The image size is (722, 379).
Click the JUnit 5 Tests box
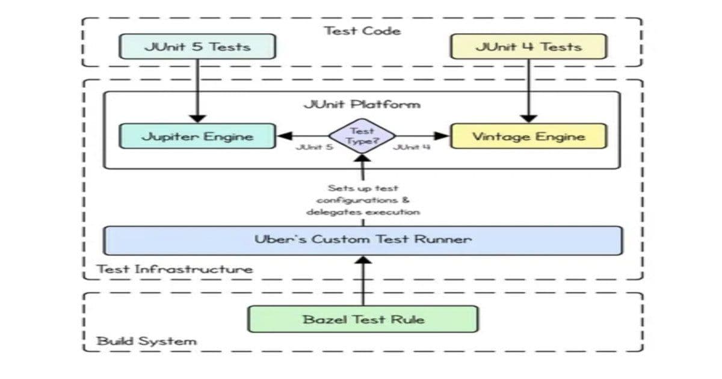click(x=197, y=46)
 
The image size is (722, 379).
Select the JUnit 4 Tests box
click(x=528, y=46)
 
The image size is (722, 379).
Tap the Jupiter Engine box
click(x=197, y=136)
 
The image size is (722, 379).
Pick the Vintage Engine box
click(x=528, y=136)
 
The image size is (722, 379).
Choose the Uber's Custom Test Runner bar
click(x=362, y=239)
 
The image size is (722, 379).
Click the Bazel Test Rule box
click(x=363, y=319)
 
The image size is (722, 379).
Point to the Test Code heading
click(x=362, y=30)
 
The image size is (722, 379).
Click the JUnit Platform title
click(x=362, y=104)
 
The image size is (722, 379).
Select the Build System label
click(x=147, y=341)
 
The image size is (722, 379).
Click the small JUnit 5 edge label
click(x=314, y=147)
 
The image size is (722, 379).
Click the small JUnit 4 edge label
click(x=412, y=147)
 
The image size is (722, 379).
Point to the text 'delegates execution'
click(x=362, y=212)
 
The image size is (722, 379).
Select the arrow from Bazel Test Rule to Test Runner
click(x=363, y=283)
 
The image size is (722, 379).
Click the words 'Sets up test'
click(x=362, y=188)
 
